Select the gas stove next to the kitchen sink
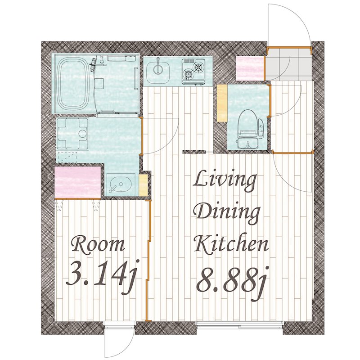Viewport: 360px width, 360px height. [x=193, y=72]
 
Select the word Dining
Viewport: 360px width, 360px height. [x=227, y=213]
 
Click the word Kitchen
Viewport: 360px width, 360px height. [x=231, y=244]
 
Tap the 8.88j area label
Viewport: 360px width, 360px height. [x=231, y=282]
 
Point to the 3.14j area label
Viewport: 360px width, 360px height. [x=101, y=275]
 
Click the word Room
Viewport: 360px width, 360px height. [x=99, y=245]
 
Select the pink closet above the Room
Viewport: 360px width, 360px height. [x=78, y=182]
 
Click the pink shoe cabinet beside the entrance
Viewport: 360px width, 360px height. [x=250, y=68]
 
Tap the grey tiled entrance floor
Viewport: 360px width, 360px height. [x=289, y=64]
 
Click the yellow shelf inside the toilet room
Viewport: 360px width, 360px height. [x=222, y=103]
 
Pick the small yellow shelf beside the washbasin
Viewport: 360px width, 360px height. [x=143, y=185]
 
